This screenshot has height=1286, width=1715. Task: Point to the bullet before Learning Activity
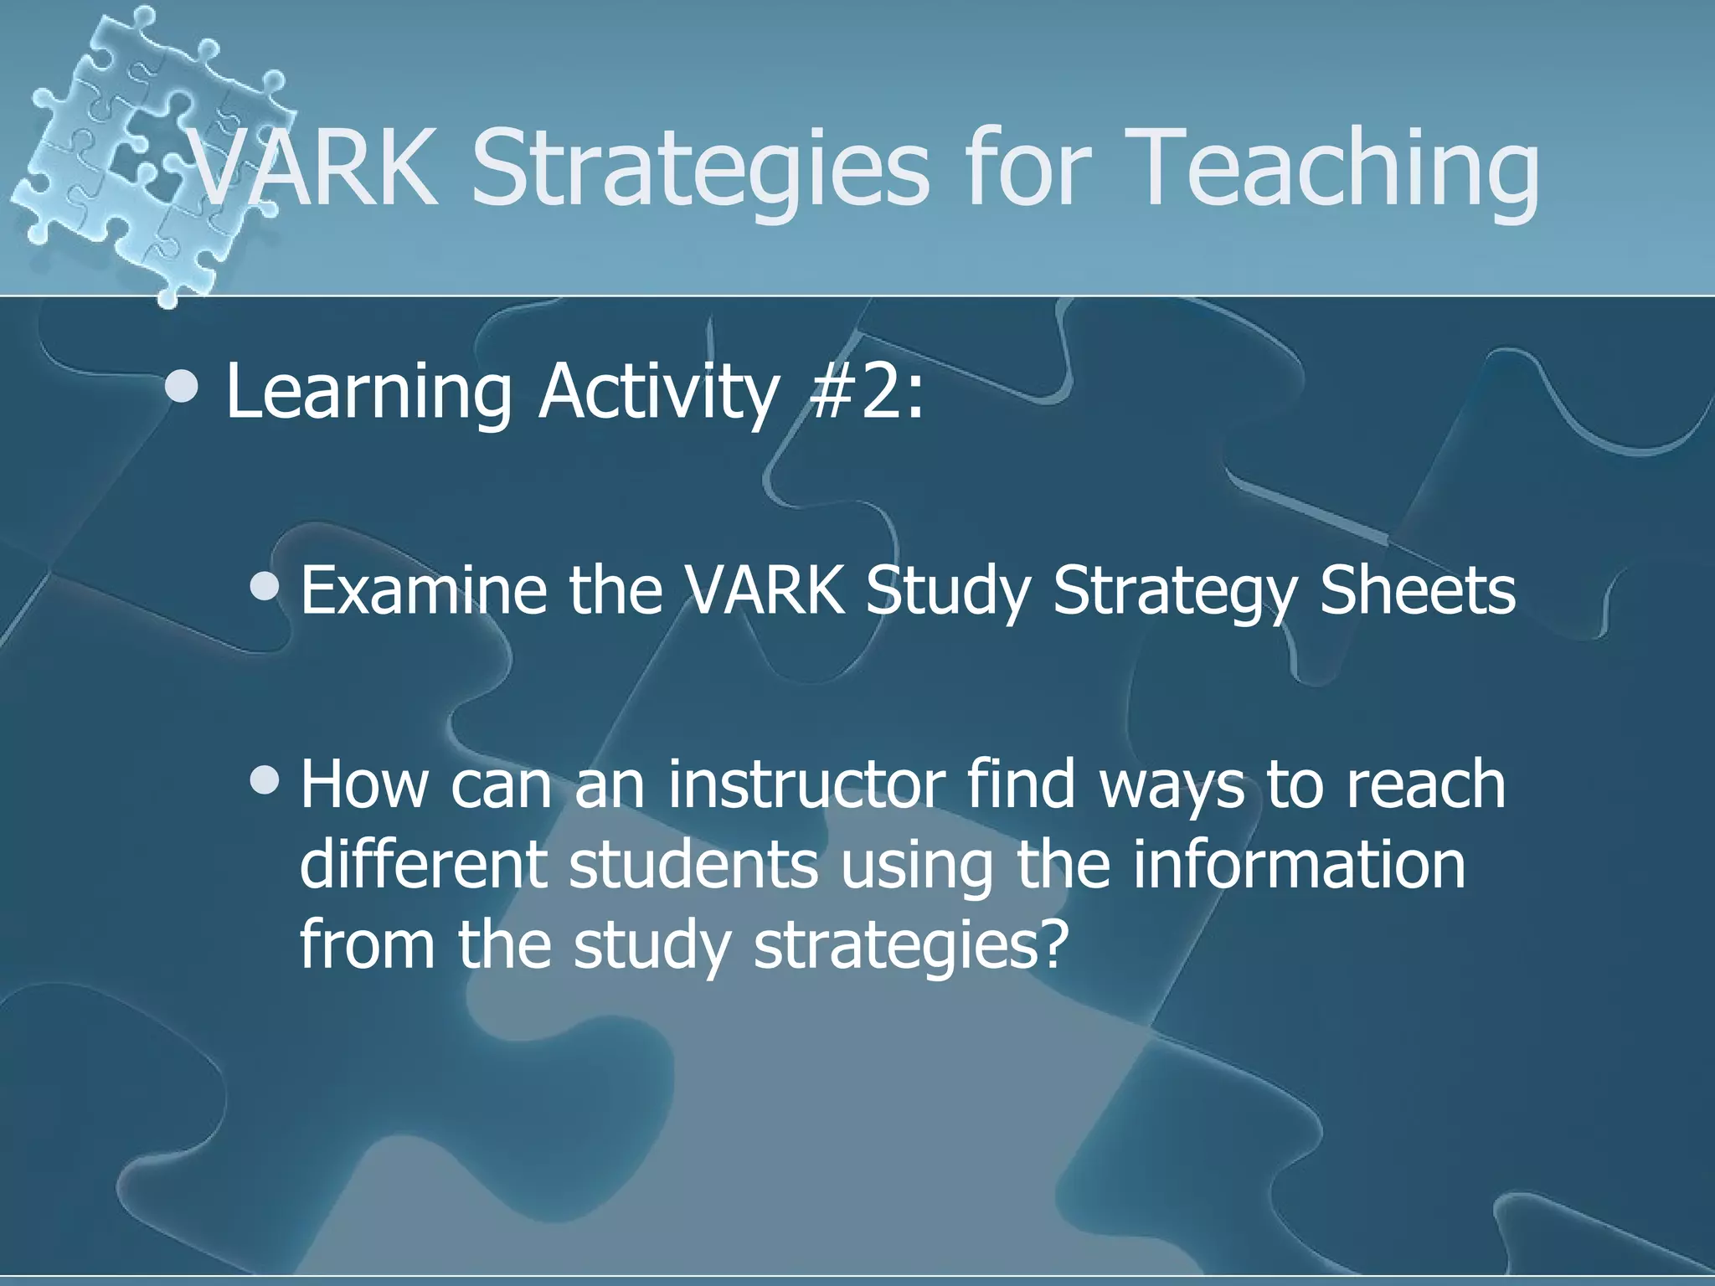182,386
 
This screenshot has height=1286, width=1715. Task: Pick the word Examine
424,590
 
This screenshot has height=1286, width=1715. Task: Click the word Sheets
1418,590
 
